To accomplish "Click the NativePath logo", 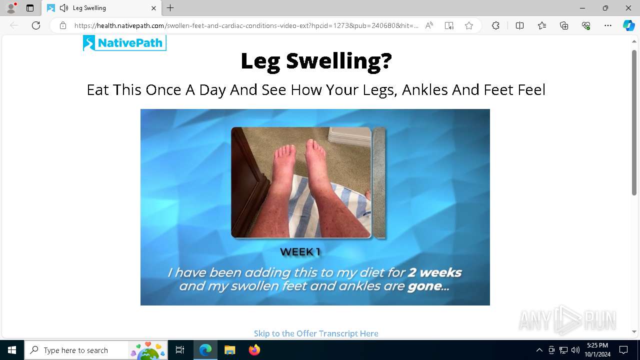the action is (124, 43).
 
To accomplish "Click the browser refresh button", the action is (36, 25).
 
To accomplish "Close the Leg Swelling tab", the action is (153, 8).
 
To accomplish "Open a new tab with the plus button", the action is (170, 8).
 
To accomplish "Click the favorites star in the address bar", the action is (469, 25).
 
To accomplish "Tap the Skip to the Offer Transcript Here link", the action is (316, 333).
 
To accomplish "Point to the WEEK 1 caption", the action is (300, 251).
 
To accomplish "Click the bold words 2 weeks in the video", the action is (434, 272).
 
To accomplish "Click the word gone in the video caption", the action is (425, 286).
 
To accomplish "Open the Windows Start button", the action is (11, 350).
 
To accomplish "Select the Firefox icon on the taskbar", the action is (254, 350).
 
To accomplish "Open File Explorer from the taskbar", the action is (229, 350).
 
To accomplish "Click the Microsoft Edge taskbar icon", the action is (205, 350).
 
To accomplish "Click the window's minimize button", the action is (582, 8).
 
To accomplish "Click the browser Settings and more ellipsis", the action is (607, 25).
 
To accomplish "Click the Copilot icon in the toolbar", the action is (628, 25).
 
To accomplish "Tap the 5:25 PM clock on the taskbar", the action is (597, 345).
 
